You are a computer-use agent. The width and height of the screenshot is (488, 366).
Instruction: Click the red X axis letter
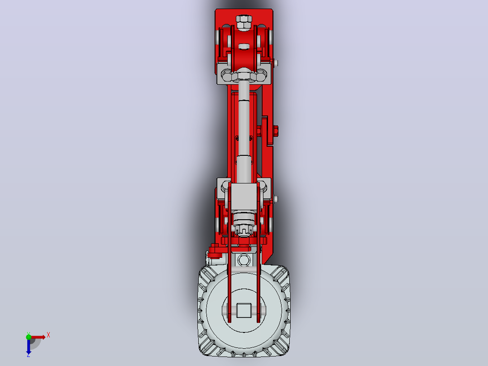tap(48, 335)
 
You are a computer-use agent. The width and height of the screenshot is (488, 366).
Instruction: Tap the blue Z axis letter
tap(29, 355)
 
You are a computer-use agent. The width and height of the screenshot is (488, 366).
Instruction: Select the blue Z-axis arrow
tap(29, 346)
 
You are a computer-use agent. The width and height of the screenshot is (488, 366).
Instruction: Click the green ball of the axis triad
tap(29, 337)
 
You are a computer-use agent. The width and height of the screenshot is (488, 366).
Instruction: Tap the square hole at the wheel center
tap(244, 310)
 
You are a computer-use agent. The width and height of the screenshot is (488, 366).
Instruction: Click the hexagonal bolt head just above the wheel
tap(244, 260)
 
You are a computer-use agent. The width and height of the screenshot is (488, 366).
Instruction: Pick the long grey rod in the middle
tap(244, 131)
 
